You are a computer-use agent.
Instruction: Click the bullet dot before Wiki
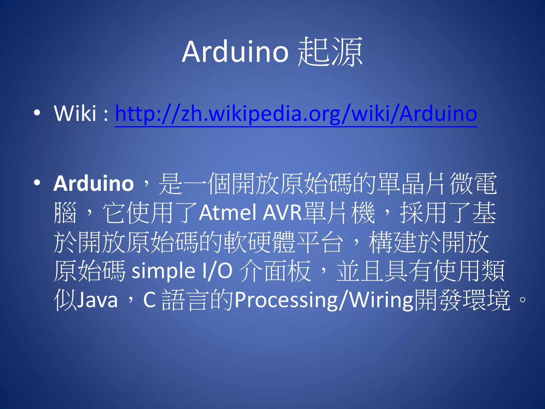click(37, 113)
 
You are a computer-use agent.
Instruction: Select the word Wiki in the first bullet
click(75, 113)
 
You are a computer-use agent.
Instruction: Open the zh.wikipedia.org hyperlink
click(296, 114)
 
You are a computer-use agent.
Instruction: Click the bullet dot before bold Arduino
click(37, 183)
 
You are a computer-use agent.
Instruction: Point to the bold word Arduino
click(94, 184)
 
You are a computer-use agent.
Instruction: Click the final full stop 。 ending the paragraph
click(522, 300)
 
